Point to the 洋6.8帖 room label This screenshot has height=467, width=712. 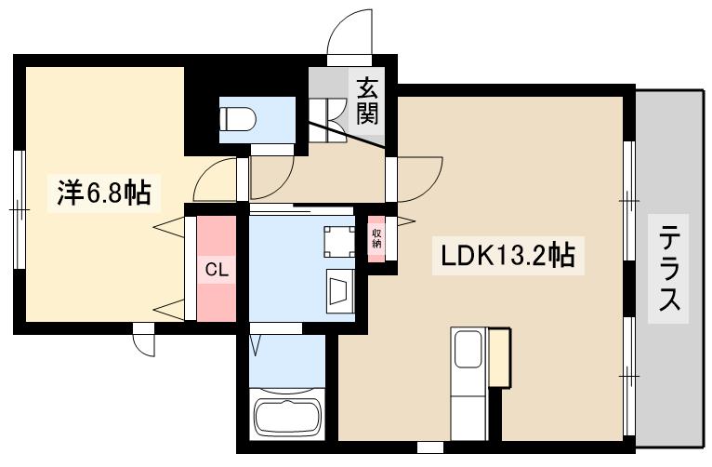tap(104, 193)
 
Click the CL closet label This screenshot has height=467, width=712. tap(217, 270)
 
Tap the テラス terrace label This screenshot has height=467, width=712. tap(668, 270)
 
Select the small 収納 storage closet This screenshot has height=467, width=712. tap(377, 238)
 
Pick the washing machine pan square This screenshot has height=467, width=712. tap(337, 241)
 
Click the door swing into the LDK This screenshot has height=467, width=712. tap(417, 177)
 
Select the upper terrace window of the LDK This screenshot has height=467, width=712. tap(629, 200)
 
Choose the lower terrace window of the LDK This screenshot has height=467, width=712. tap(629, 372)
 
